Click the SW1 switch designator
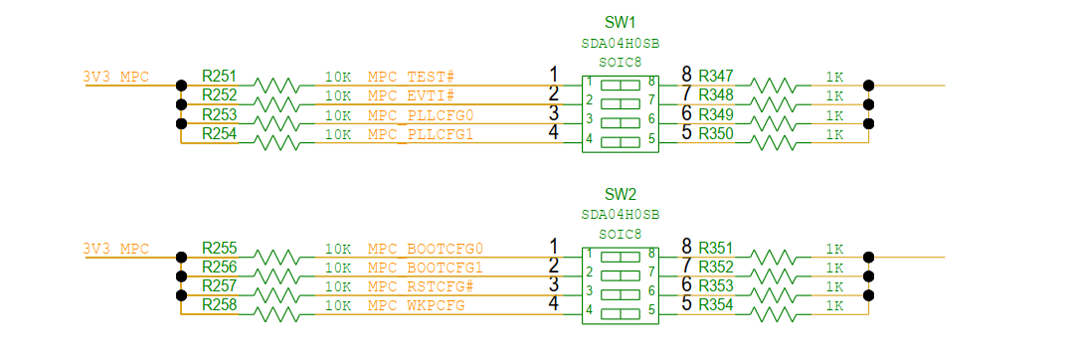point(620,22)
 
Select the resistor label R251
point(220,76)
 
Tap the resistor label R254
point(220,133)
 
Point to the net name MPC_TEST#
point(411,77)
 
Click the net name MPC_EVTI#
point(411,95)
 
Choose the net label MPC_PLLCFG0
point(421,115)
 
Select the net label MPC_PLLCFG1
point(421,134)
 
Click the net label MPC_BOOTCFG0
point(425,248)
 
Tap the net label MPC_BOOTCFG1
point(425,267)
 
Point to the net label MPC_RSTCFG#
point(420,286)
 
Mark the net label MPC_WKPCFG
point(416,305)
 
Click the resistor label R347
point(716,76)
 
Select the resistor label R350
point(716,133)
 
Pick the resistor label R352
point(716,267)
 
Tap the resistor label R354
point(716,304)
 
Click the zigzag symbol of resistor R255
point(277,257)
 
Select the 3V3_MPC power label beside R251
point(116,77)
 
